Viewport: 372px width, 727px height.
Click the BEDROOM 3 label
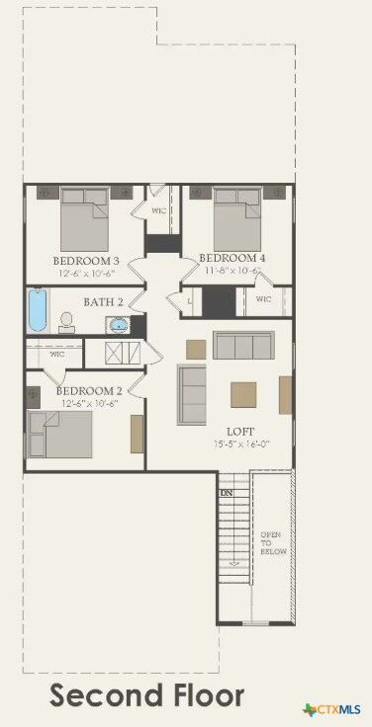point(85,261)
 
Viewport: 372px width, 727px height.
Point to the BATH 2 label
point(103,302)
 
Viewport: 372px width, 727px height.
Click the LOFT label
point(240,432)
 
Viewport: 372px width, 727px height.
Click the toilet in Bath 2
point(66,322)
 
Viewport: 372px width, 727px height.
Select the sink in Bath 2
point(119,324)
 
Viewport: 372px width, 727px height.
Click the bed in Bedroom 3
point(84,219)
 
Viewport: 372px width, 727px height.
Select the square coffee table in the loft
point(245,394)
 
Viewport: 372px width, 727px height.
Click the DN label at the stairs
point(226,492)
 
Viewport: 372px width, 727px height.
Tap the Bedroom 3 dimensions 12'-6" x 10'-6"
point(86,274)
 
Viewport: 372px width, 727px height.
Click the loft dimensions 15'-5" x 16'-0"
point(241,444)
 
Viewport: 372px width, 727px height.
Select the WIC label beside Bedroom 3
point(158,210)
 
